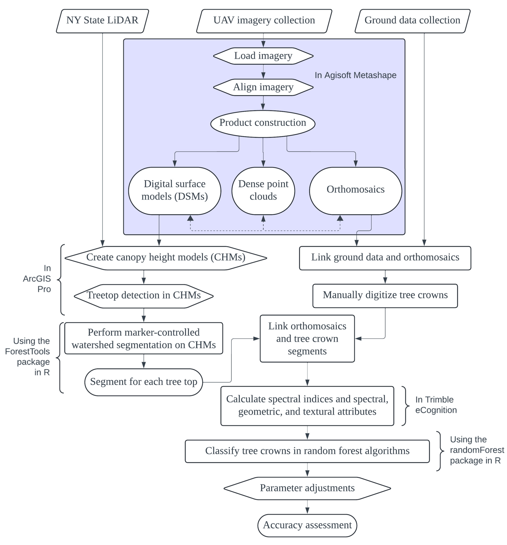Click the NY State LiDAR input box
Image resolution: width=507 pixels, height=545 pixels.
pyautogui.click(x=102, y=21)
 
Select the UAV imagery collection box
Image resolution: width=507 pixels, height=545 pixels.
pyautogui.click(x=264, y=21)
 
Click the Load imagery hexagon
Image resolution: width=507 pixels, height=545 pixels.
pyautogui.click(x=263, y=56)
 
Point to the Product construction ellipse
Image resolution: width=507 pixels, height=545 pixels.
pyautogui.click(x=263, y=123)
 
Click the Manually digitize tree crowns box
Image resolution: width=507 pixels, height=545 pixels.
pyautogui.click(x=385, y=295)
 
